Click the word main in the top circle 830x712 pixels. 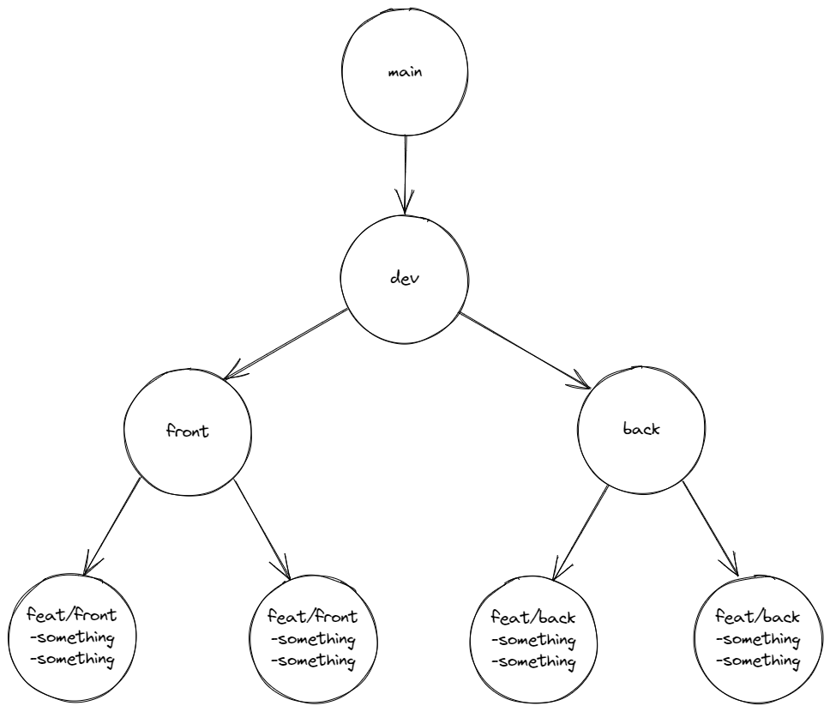point(405,73)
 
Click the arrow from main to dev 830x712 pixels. point(405,172)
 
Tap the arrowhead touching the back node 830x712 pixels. point(586,383)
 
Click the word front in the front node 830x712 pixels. point(188,431)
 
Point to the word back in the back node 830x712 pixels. point(641,429)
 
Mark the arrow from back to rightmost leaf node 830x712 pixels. point(709,528)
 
